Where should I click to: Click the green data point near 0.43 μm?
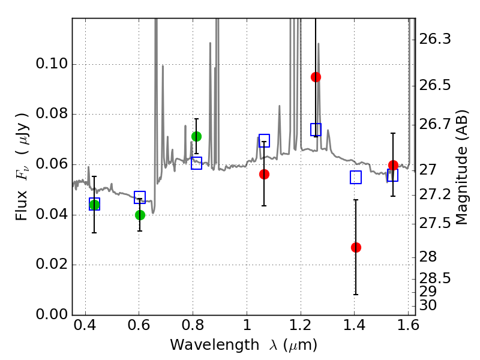tap(94, 205)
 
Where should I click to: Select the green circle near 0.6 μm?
tap(140, 215)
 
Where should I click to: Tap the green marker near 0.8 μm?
tap(196, 136)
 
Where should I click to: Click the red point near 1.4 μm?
tap(356, 247)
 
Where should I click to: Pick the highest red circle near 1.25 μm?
tap(316, 77)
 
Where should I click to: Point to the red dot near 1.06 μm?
tap(264, 174)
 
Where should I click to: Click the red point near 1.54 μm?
tap(393, 165)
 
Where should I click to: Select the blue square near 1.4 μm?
tap(356, 177)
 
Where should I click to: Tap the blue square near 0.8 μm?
tap(196, 163)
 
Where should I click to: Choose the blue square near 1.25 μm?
tap(316, 130)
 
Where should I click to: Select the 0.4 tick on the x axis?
tap(85, 327)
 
